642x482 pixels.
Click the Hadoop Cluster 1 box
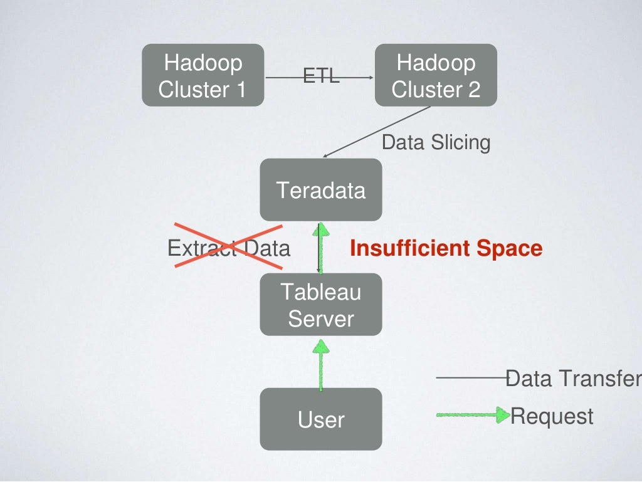coord(203,75)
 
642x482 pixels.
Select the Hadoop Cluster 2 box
coord(436,75)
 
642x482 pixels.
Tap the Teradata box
coord(321,189)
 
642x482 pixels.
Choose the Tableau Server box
coord(321,305)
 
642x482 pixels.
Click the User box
coord(321,419)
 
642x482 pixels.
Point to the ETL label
coord(321,76)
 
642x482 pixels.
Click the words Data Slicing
coord(436,142)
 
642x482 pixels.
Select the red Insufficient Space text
coord(446,248)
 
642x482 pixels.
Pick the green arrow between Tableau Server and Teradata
coord(321,247)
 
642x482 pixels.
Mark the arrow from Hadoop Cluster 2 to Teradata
coord(376,132)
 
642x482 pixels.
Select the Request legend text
coord(552,416)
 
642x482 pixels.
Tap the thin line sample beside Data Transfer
coord(470,378)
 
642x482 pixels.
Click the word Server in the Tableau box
coord(321,318)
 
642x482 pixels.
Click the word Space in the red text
coord(509,248)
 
